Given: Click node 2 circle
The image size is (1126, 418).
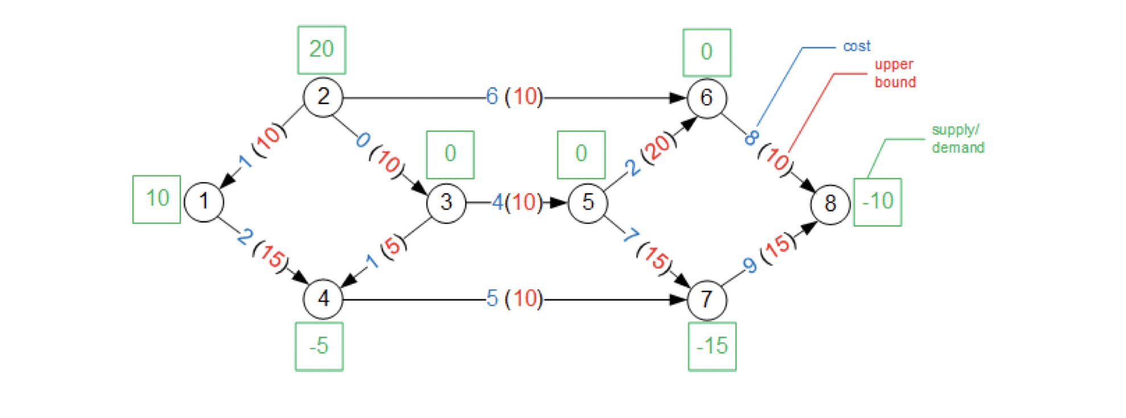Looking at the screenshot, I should click(323, 97).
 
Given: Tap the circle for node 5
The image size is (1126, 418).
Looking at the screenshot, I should click(587, 203).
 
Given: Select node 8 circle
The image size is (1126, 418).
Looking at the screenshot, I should click(830, 203).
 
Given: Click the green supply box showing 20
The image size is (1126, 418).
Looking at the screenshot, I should click(321, 50).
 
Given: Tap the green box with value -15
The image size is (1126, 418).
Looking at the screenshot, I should click(712, 346).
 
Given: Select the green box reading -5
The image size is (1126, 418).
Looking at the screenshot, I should click(319, 346).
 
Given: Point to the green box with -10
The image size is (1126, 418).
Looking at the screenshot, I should click(877, 202).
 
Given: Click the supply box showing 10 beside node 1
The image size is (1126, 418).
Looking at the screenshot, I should click(157, 199).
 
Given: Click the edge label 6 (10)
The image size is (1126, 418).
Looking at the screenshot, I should click(514, 97).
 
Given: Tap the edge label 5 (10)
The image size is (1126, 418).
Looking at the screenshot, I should click(514, 298).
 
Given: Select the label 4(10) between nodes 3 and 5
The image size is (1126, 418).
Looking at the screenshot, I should click(517, 202).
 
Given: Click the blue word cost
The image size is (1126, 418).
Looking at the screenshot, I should click(856, 46).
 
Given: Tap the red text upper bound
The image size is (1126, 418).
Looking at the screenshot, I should click(894, 73).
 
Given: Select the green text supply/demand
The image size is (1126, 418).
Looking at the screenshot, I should click(957, 138).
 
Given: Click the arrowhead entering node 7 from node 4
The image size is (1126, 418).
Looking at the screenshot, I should click(679, 300).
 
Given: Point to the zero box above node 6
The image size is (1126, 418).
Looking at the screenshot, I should click(706, 52).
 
